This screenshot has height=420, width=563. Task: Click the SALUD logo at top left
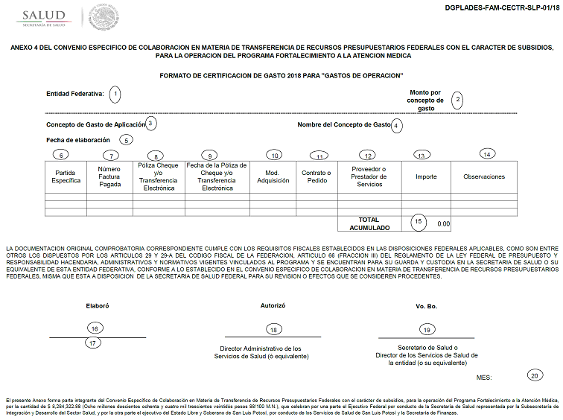(x=43, y=16)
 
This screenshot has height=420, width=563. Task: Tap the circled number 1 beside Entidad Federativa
(x=115, y=94)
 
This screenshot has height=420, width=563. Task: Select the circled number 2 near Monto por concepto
(x=458, y=100)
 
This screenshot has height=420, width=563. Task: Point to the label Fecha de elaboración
(x=78, y=139)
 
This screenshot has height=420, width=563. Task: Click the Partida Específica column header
(x=66, y=176)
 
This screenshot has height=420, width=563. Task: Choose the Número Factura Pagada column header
(x=109, y=176)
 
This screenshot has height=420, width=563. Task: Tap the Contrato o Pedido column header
(x=317, y=176)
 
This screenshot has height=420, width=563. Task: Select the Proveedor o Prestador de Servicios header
(x=369, y=176)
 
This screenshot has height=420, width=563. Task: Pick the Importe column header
(x=426, y=176)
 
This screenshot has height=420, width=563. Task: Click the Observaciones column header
(x=484, y=176)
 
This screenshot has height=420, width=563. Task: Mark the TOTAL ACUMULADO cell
(x=369, y=223)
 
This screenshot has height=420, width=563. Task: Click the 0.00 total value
(x=443, y=223)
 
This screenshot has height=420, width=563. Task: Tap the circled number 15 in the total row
(x=419, y=221)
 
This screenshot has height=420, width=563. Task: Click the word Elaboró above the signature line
(x=98, y=305)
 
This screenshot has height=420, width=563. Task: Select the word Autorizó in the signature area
(x=273, y=305)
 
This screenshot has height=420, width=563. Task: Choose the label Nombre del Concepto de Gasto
(x=344, y=124)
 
